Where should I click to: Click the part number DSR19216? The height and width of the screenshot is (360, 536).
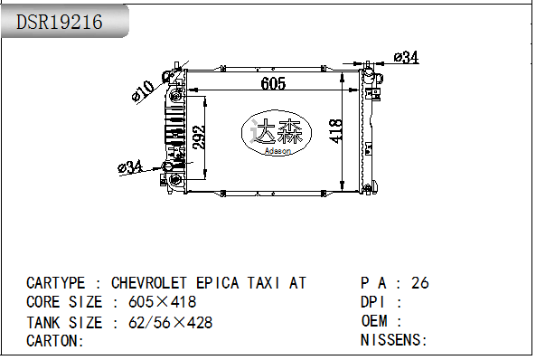(59, 22)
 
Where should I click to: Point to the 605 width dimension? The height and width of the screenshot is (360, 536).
(273, 83)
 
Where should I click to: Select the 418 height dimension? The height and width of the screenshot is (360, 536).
(335, 131)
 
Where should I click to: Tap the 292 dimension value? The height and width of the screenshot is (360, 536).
(199, 137)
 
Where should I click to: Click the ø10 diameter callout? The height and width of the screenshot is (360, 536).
(143, 90)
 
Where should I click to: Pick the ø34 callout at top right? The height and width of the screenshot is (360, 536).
(406, 57)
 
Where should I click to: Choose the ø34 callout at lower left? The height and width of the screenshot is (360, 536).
(130, 167)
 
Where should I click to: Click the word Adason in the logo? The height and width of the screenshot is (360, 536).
(277, 150)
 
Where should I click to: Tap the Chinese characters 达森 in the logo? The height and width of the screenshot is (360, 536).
(277, 131)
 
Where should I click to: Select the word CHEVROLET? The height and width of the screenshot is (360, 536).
(149, 283)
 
